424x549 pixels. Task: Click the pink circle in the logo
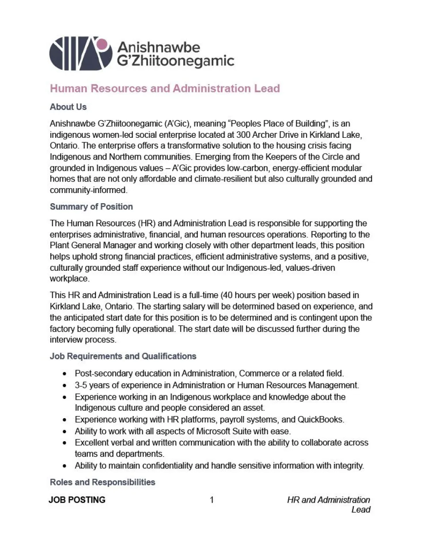tap(102, 44)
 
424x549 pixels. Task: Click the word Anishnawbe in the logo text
tap(158, 47)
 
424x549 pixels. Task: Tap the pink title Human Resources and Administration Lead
tap(165, 88)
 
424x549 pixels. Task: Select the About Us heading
tap(68, 107)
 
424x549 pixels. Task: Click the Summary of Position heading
tap(91, 207)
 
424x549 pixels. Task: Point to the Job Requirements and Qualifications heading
tap(123, 356)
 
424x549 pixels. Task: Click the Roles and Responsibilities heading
tap(102, 482)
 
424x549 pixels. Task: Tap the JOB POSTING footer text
tap(77, 500)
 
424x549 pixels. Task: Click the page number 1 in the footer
tap(212, 500)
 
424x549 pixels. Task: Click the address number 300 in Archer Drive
tap(243, 135)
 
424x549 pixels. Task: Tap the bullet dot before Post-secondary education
tap(65, 374)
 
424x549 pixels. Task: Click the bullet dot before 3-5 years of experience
tap(65, 386)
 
